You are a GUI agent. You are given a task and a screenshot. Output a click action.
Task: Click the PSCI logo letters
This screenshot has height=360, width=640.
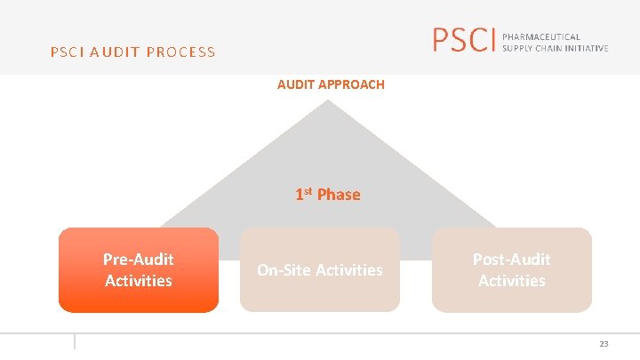pyautogui.click(x=462, y=40)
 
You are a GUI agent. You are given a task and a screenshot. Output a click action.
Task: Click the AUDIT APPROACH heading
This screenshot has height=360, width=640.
pyautogui.click(x=331, y=84)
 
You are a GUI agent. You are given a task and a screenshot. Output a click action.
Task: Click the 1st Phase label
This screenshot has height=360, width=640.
pyautogui.click(x=328, y=195)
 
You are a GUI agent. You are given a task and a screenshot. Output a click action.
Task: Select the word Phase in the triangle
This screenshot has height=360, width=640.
pyautogui.click(x=339, y=195)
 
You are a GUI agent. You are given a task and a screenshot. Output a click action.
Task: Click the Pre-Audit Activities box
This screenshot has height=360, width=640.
pyautogui.click(x=138, y=270)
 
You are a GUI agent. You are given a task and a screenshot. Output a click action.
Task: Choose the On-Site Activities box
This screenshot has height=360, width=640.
pyautogui.click(x=320, y=270)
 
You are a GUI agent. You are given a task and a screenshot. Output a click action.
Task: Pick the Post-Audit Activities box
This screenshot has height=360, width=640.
pyautogui.click(x=511, y=270)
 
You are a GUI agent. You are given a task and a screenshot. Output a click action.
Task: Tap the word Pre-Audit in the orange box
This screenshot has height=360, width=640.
pyautogui.click(x=138, y=260)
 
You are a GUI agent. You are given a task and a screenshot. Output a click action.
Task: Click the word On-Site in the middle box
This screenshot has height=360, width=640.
pyautogui.click(x=280, y=270)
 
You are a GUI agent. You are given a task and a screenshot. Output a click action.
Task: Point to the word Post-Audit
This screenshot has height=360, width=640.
pyautogui.click(x=511, y=260)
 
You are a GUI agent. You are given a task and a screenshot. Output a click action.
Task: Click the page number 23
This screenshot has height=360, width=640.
pyautogui.click(x=604, y=343)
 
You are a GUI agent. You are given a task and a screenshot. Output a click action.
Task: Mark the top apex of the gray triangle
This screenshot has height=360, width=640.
pyautogui.click(x=329, y=101)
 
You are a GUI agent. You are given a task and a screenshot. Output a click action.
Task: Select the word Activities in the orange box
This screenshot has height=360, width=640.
pyautogui.click(x=138, y=281)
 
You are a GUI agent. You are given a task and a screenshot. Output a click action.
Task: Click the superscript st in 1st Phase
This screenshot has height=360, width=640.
pyautogui.click(x=310, y=190)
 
